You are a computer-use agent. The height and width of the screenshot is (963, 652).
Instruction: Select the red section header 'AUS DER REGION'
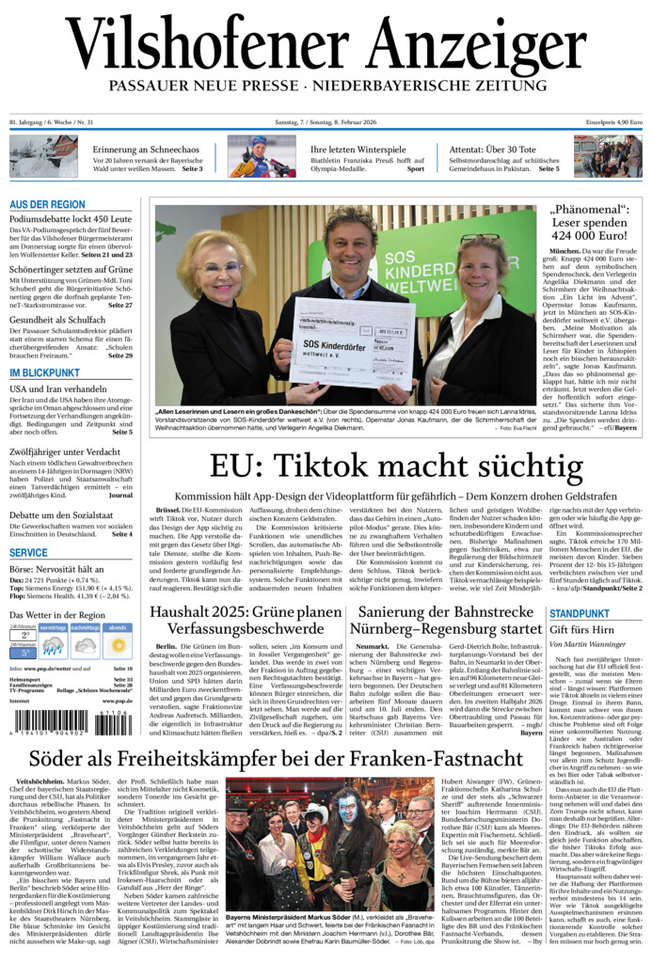tap(47, 204)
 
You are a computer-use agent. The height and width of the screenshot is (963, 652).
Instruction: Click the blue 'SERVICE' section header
tap(28, 553)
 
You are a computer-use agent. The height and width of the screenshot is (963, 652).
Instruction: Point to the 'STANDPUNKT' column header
tap(580, 613)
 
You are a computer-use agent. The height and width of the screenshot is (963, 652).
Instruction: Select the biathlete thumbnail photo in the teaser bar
tap(261, 156)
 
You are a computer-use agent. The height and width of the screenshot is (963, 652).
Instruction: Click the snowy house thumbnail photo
tap(43, 156)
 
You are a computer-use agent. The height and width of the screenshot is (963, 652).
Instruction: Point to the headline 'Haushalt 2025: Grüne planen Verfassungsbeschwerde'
tap(245, 622)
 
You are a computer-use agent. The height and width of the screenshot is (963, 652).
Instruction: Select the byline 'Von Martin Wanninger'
tap(587, 644)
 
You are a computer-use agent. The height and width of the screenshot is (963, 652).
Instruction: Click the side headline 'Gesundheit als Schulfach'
tap(57, 320)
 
